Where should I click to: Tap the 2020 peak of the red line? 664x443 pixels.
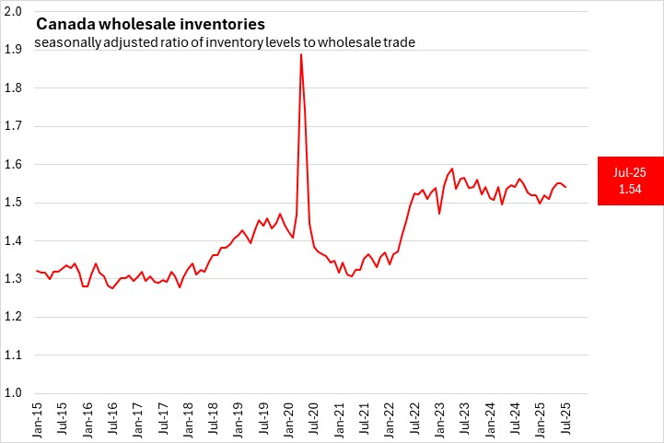(301, 54)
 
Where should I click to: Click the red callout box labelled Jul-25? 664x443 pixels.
(629, 181)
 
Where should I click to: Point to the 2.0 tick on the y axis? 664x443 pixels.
(14, 11)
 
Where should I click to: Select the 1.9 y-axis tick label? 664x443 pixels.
(14, 50)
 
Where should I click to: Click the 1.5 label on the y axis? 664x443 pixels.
(14, 203)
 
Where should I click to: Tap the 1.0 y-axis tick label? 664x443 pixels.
(14, 393)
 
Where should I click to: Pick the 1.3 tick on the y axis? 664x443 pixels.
(14, 279)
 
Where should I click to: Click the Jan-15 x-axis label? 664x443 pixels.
(38, 418)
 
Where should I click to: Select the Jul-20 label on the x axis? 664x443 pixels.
(313, 418)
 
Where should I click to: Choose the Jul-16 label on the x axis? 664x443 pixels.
(113, 418)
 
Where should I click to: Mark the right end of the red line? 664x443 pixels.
(565, 187)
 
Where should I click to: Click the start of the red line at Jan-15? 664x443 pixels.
(36, 271)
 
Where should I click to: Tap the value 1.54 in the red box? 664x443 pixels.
(629, 189)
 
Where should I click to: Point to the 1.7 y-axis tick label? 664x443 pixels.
(14, 126)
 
